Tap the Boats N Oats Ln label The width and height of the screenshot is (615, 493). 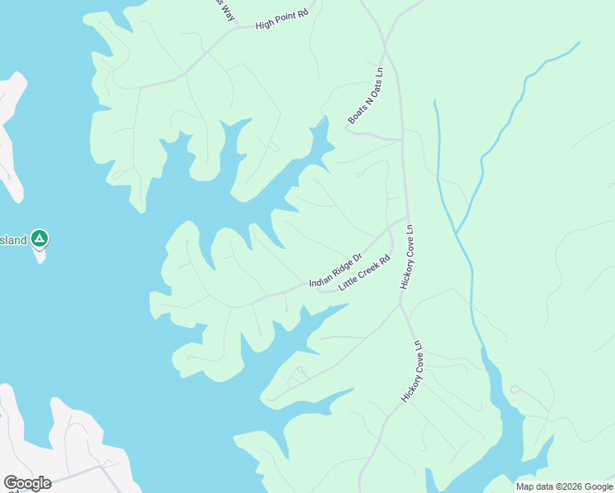pyautogui.click(x=366, y=96)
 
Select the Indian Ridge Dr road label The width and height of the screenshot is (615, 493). pyautogui.click(x=335, y=270)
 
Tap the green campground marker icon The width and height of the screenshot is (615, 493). pyautogui.click(x=39, y=239)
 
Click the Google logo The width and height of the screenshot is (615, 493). pyautogui.click(x=27, y=483)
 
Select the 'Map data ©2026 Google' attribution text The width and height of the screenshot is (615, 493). pyautogui.click(x=563, y=486)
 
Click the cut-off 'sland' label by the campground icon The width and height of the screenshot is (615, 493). pyautogui.click(x=14, y=240)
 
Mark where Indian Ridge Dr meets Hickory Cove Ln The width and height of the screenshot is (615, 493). pyautogui.click(x=405, y=219)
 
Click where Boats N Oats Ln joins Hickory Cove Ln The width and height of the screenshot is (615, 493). pyautogui.click(x=401, y=140)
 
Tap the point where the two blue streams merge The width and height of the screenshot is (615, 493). pyautogui.click(x=455, y=233)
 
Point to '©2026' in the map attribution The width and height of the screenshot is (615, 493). pyautogui.click(x=560, y=486)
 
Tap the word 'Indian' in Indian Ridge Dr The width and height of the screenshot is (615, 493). pyautogui.click(x=320, y=279)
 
